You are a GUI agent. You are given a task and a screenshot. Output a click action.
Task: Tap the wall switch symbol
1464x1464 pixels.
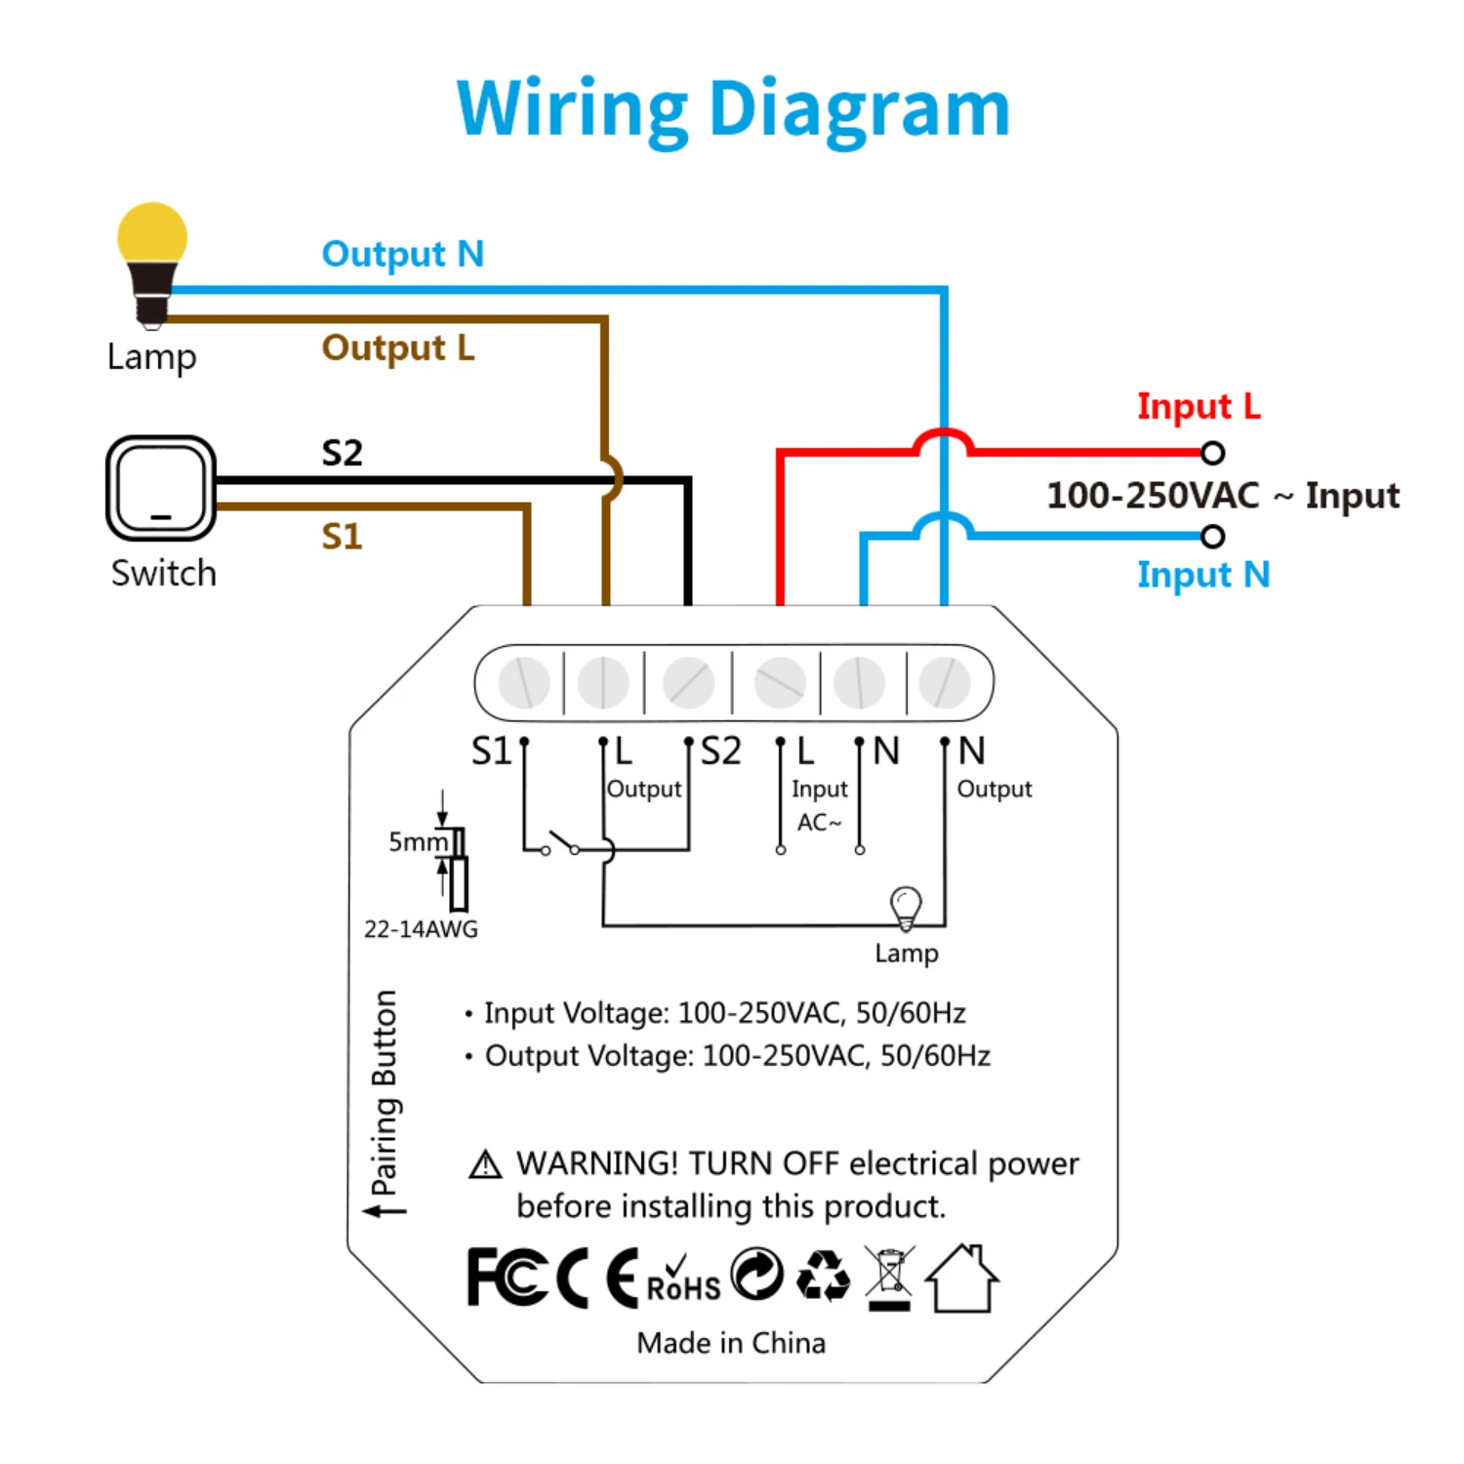(x=161, y=488)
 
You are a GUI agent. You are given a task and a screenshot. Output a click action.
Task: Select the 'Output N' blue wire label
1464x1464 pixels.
(x=403, y=254)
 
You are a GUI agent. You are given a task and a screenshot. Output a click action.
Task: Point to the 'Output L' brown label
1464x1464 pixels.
(x=398, y=348)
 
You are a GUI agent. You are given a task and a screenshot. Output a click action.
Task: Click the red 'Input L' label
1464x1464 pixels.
(x=1199, y=406)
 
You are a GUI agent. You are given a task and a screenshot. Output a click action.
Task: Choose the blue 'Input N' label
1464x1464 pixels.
(x=1203, y=575)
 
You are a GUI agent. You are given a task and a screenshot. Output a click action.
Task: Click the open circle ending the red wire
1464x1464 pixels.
(x=1212, y=453)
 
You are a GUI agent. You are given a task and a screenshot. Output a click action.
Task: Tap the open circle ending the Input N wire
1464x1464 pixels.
(x=1212, y=536)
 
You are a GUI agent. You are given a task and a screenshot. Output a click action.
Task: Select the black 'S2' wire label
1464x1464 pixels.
(x=342, y=453)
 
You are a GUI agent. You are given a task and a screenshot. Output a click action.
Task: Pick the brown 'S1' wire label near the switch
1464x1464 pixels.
(x=342, y=537)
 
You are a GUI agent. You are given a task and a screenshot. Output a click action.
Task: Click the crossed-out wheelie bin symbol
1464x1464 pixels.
(x=889, y=1278)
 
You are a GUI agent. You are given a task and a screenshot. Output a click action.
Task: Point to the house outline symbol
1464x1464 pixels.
(x=961, y=1278)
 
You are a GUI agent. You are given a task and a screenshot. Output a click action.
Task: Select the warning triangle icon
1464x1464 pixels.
(x=485, y=1164)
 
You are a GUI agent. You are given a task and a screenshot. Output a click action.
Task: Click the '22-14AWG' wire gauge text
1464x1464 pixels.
(x=421, y=929)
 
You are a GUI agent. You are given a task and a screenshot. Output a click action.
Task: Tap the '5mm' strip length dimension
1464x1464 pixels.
(x=418, y=842)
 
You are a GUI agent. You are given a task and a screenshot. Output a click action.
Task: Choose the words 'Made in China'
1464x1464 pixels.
(x=731, y=1343)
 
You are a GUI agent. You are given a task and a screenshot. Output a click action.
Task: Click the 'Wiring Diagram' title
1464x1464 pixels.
(x=733, y=110)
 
